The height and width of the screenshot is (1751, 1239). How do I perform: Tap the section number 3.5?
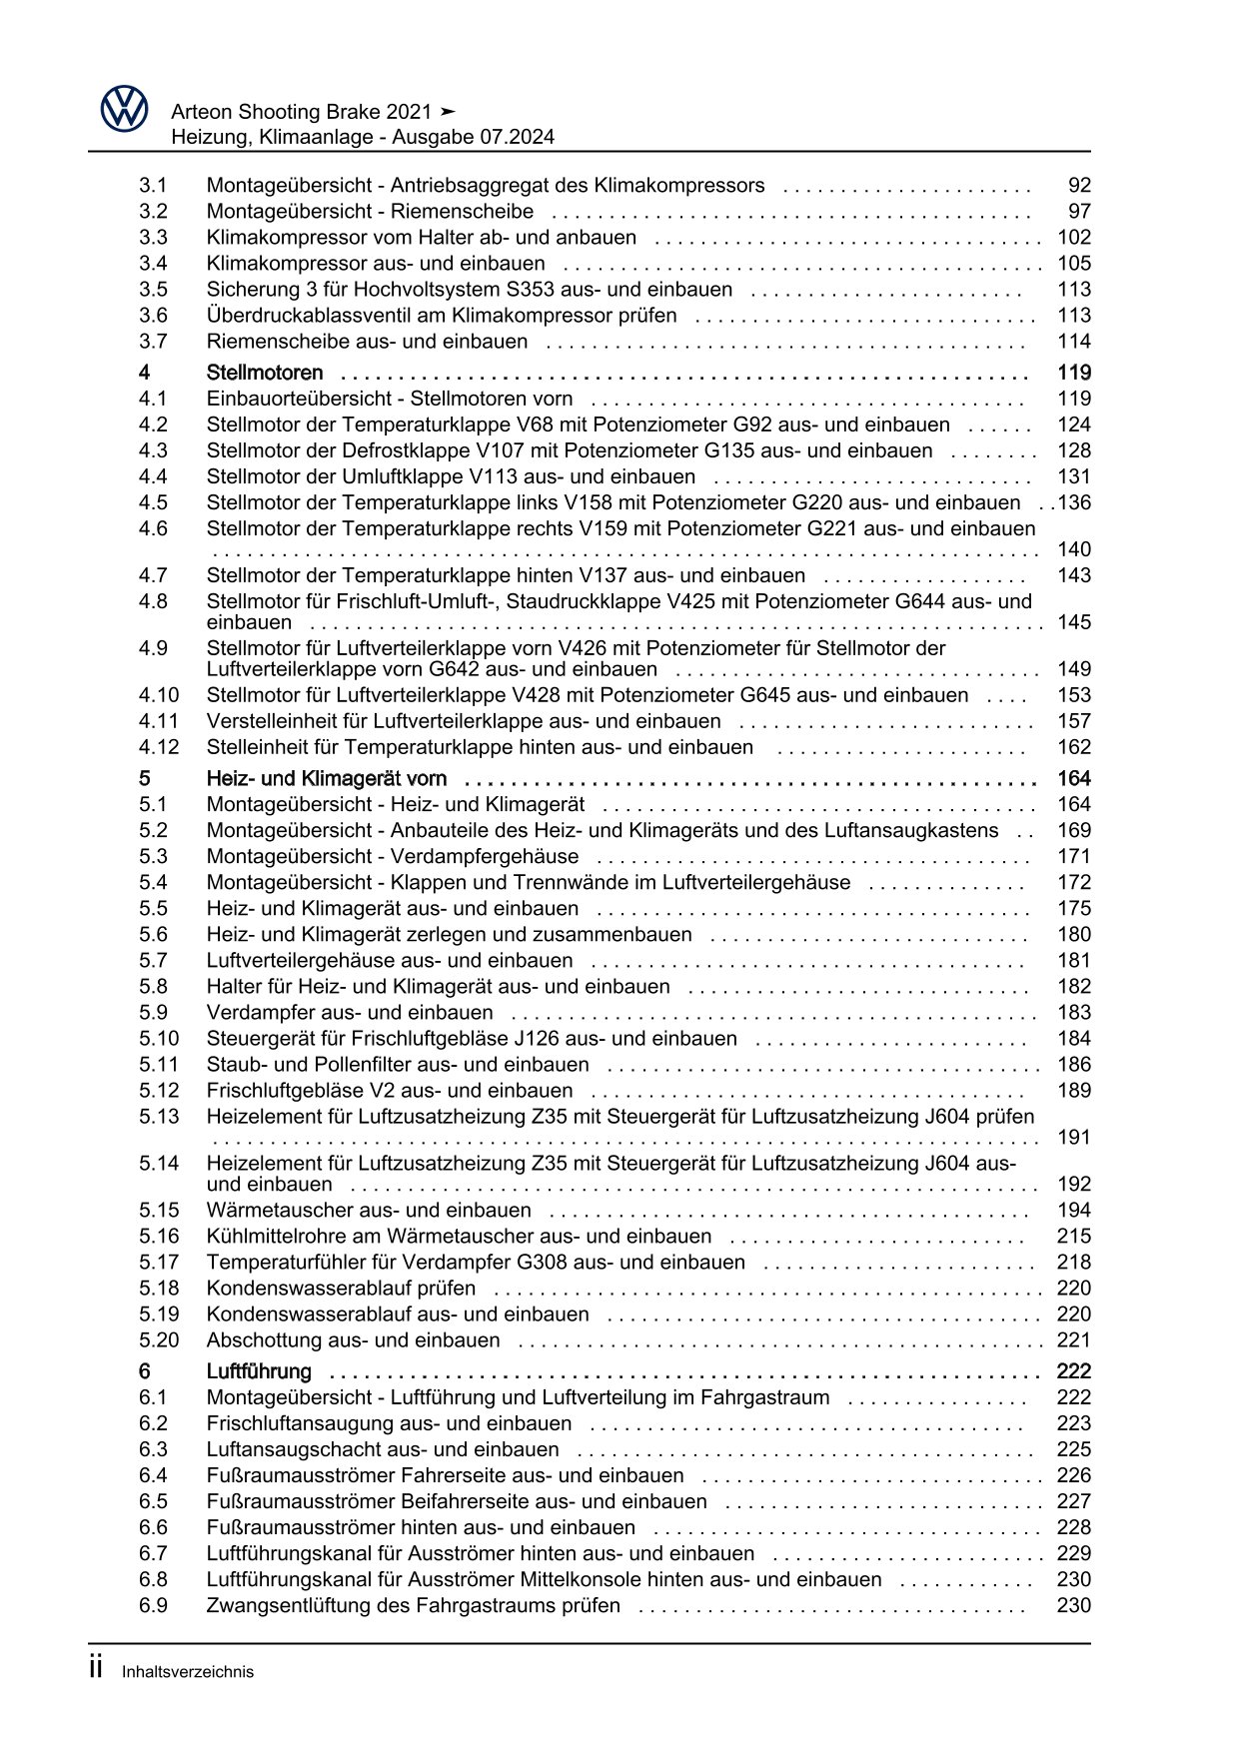(153, 290)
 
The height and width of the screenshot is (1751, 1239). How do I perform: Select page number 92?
(1079, 186)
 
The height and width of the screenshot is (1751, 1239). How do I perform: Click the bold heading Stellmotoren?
(265, 374)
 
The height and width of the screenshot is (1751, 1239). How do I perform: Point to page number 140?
(1074, 549)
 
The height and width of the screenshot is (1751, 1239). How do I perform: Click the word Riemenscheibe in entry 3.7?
(268, 342)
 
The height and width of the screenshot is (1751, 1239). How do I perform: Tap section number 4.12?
(159, 747)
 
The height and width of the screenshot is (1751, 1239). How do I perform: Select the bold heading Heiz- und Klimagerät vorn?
(327, 779)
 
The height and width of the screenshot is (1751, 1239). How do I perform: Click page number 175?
(1074, 909)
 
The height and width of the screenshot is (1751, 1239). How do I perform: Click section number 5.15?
(159, 1211)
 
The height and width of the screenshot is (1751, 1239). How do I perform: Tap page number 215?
(1074, 1237)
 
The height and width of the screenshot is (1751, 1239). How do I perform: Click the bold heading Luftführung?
(259, 1371)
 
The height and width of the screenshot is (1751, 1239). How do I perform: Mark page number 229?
(1074, 1553)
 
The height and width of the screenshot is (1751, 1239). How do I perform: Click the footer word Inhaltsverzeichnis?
(188, 1672)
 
